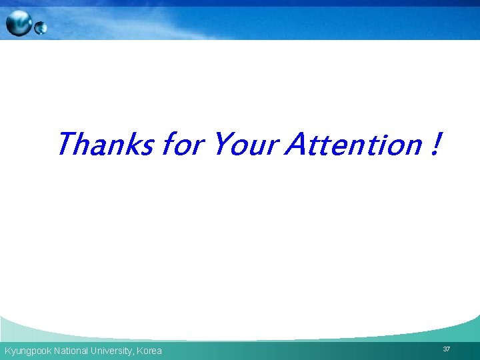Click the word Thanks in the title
click(105, 144)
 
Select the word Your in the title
click(243, 144)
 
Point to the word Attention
click(353, 144)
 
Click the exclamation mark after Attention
click(435, 144)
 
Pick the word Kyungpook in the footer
click(27, 351)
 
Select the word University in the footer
click(112, 351)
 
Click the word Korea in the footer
click(149, 351)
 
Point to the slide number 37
click(446, 349)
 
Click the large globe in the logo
click(19, 23)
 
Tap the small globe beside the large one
click(41, 28)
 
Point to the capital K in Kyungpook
click(7, 351)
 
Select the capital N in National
click(57, 351)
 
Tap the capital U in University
click(95, 351)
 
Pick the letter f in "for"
click(169, 144)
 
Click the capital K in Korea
click(139, 351)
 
